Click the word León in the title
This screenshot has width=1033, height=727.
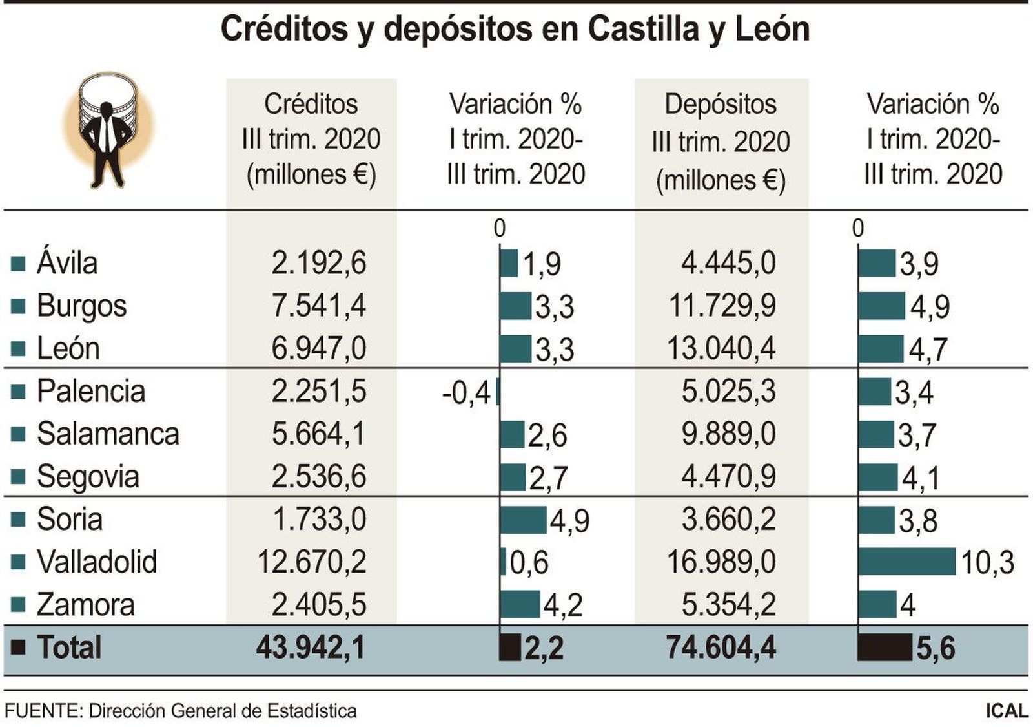[x=772, y=29]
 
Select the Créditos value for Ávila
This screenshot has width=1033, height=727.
[x=319, y=263]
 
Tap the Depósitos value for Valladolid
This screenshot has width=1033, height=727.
[x=721, y=562]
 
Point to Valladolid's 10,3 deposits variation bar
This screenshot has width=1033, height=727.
[x=906, y=562]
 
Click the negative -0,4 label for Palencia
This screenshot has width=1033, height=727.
[x=466, y=392]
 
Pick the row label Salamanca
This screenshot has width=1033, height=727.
[x=108, y=434]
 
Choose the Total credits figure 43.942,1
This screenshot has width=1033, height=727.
[x=311, y=647]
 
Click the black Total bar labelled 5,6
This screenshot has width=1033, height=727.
[x=885, y=647]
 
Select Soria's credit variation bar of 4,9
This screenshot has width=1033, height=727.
[x=523, y=520]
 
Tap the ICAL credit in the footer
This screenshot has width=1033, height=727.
[x=1007, y=711]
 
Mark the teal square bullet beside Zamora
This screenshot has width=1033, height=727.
[x=18, y=605]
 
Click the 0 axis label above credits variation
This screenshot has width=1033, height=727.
[x=499, y=227]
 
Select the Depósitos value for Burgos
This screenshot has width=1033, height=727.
[x=721, y=306]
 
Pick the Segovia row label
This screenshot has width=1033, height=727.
[x=88, y=477]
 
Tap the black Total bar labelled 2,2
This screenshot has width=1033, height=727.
[x=510, y=647]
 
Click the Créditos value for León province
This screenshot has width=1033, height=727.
[x=319, y=348]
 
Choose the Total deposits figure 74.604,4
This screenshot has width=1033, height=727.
[x=721, y=647]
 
